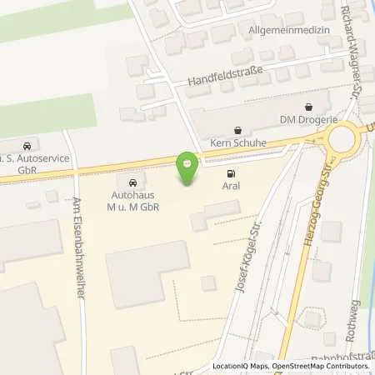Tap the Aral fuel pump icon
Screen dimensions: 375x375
pyautogui.click(x=229, y=174)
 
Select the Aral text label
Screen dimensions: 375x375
pyautogui.click(x=230, y=186)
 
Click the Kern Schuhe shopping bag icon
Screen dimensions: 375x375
pyautogui.click(x=239, y=130)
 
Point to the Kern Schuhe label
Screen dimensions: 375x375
pyautogui.click(x=239, y=142)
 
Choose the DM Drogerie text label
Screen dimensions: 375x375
pyautogui.click(x=308, y=119)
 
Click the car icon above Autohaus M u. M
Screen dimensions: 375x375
pyautogui.click(x=132, y=182)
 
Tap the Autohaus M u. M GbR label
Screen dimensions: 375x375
pyautogui.click(x=132, y=200)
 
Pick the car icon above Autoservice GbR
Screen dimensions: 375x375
pyautogui.click(x=27, y=146)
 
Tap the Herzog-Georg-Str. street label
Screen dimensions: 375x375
pyautogui.click(x=310, y=196)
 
